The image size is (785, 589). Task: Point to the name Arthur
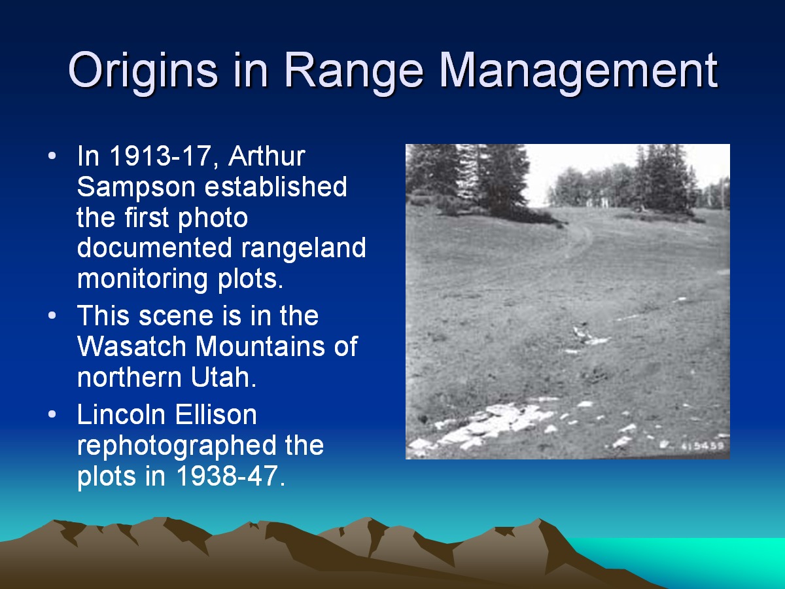(266, 156)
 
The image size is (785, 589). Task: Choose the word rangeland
(304, 249)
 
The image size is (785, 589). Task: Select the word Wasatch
(131, 346)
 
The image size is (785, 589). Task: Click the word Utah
(224, 378)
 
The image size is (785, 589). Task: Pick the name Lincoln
(122, 415)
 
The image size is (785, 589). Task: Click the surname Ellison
(216, 415)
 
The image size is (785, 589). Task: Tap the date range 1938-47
(228, 476)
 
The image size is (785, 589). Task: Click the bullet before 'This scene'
(52, 315)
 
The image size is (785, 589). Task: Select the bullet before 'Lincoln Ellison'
(52, 414)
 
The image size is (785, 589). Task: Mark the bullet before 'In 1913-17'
(52, 156)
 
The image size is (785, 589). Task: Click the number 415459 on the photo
(703, 446)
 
